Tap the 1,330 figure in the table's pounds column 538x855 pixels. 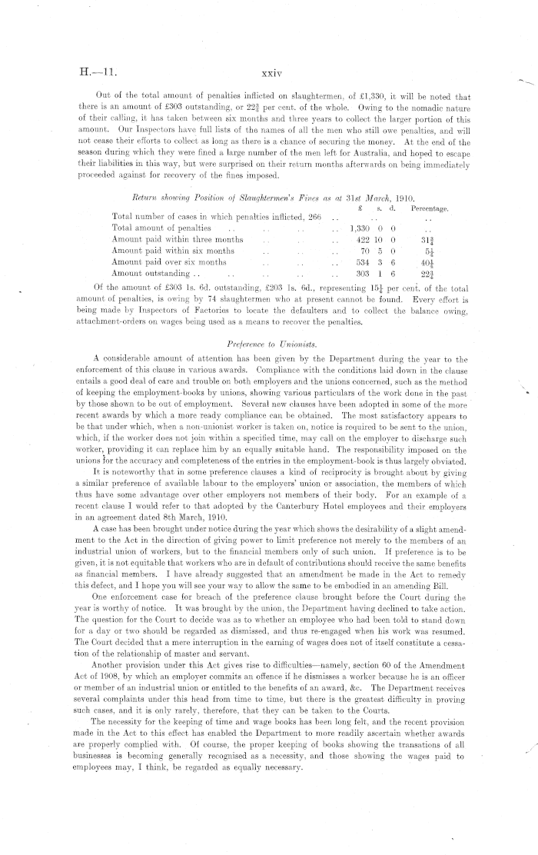click(x=360, y=228)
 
